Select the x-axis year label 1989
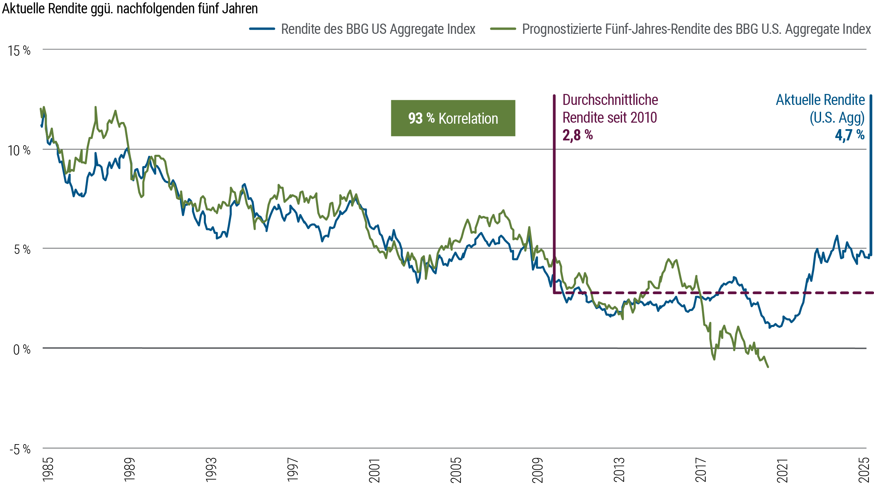click(130, 470)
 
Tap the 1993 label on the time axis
click(211, 470)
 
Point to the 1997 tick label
click(293, 470)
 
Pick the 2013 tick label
click(619, 470)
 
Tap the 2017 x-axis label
click(701, 470)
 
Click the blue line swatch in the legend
click(265, 29)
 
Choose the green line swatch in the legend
click(506, 29)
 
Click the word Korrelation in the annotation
click(468, 119)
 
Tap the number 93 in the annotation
click(415, 119)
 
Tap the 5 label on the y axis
click(16, 249)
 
